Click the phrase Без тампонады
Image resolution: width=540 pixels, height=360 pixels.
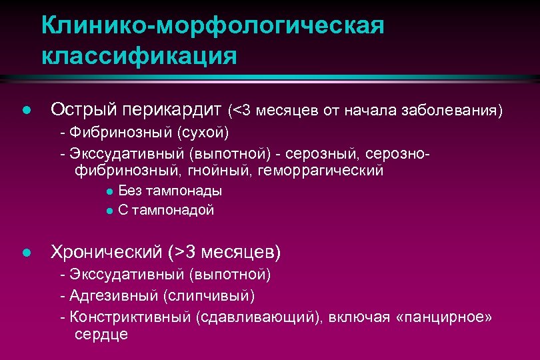pyautogui.click(x=170, y=191)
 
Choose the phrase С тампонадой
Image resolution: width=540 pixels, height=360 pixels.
pyautogui.click(x=166, y=210)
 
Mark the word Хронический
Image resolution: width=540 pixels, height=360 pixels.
pyautogui.click(x=107, y=252)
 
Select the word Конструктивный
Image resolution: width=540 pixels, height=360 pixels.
pyautogui.click(x=130, y=317)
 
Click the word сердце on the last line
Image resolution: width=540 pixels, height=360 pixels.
pyautogui.click(x=101, y=334)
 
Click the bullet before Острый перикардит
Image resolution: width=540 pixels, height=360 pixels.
pyautogui.click(x=25, y=110)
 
